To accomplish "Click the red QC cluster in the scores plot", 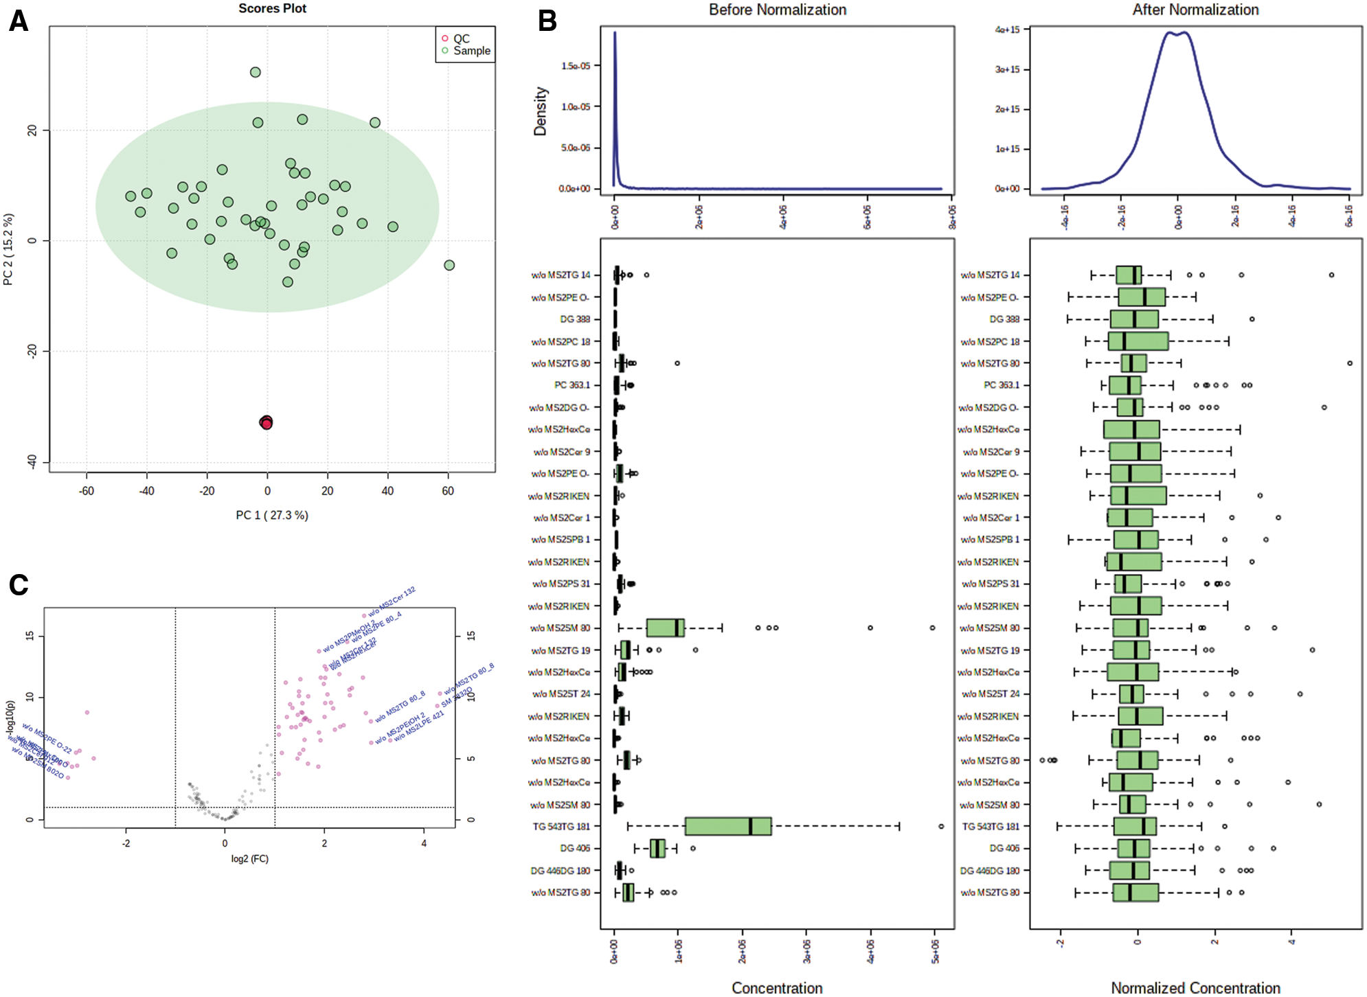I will point(267,422).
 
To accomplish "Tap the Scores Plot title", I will point(272,8).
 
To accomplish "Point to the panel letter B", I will point(547,21).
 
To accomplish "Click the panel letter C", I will point(19,585).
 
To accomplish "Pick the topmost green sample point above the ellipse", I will point(256,72).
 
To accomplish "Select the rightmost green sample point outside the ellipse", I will point(449,265).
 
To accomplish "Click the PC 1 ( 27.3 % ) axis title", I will point(272,515).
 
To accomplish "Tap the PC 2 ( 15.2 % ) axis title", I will point(8,249).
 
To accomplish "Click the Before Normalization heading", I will point(778,10).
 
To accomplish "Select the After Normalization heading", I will point(1195,10).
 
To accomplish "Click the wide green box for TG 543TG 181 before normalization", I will point(728,826).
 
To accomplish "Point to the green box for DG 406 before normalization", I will point(657,849).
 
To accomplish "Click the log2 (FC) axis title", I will point(249,858).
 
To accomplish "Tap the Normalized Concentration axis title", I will point(1195,987).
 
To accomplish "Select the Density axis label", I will point(541,111).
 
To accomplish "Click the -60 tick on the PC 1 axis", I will point(87,491).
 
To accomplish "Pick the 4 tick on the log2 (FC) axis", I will point(424,843).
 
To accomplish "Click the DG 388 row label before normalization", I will point(575,319).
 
